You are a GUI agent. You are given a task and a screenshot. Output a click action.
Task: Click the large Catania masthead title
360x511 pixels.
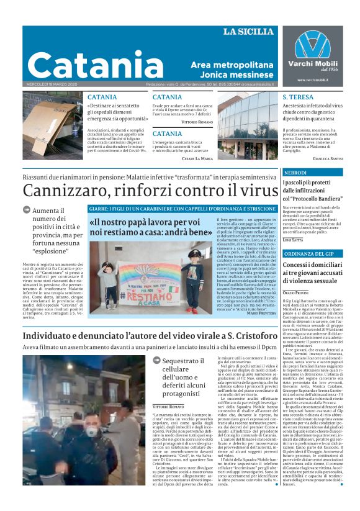coord(86,64)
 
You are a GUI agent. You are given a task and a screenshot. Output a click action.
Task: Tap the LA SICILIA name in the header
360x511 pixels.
coord(248,32)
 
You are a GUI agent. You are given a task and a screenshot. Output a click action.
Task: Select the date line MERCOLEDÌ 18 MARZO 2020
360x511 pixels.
coord(52,84)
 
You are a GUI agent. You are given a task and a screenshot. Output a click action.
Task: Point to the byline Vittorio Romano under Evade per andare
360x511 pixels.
coord(197,122)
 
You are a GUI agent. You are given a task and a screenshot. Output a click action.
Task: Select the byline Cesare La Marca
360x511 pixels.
coord(196,158)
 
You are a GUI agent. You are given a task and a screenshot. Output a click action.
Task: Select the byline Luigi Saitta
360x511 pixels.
coord(293,239)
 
